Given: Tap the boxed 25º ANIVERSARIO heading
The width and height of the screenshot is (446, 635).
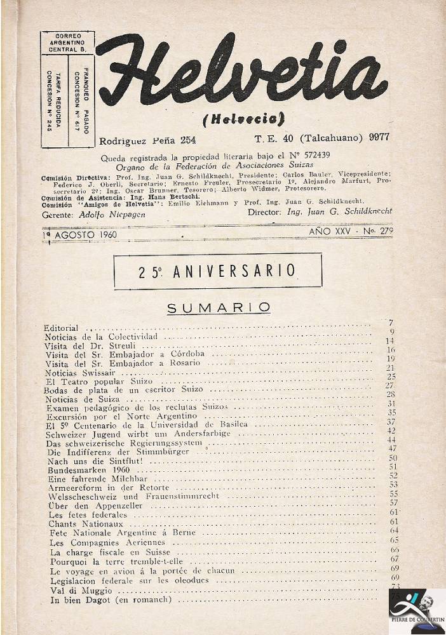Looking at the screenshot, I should click(217, 271).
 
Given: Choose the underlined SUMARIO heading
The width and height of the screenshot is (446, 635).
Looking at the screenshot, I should click(219, 308).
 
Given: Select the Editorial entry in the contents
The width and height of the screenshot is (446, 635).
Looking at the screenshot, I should click(61, 328).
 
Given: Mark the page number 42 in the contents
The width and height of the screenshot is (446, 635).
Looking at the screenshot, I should click(391, 431).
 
